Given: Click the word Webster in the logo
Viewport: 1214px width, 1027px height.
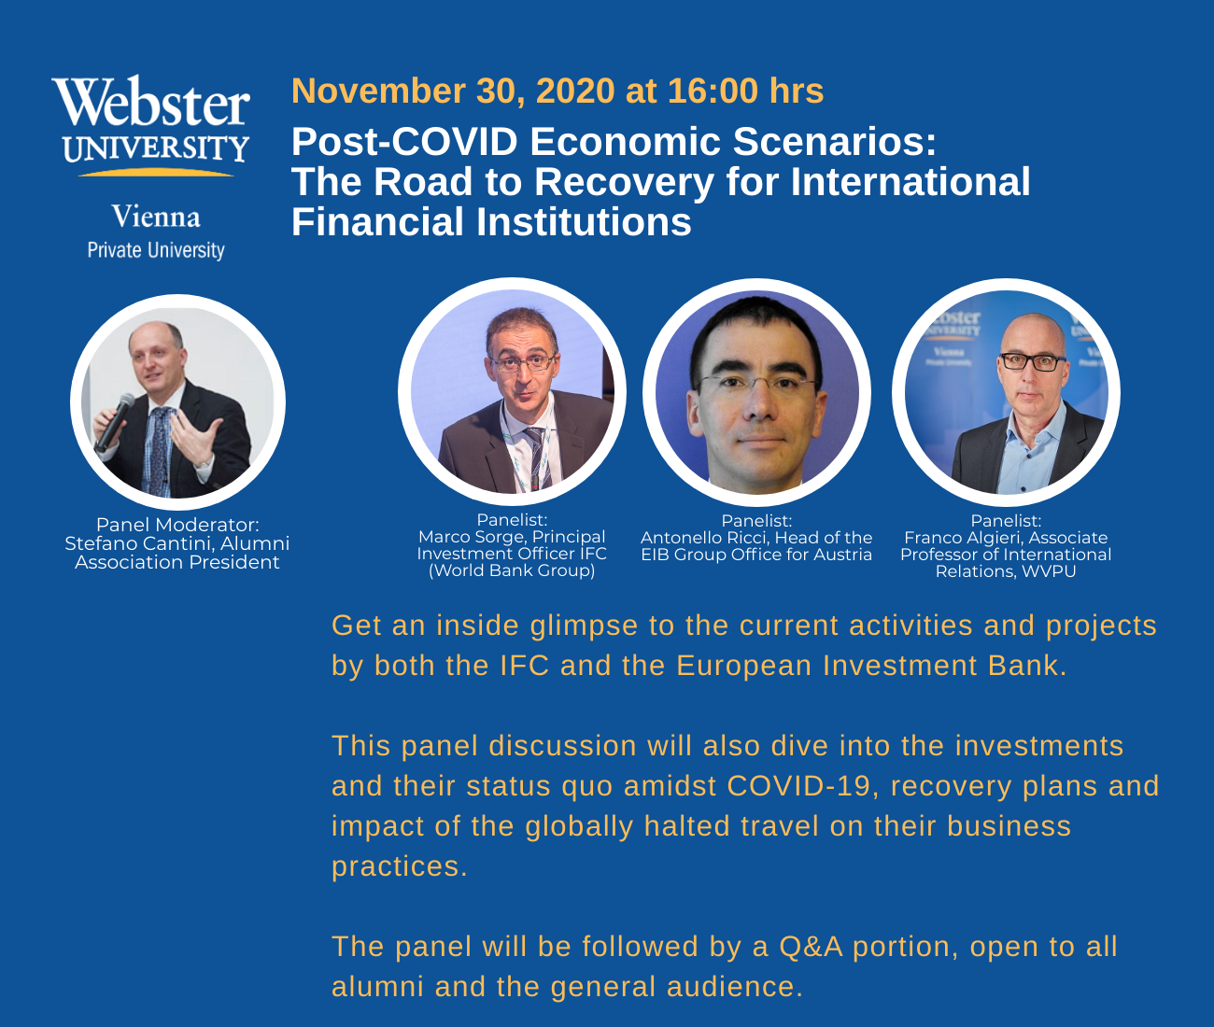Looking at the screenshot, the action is click(151, 101).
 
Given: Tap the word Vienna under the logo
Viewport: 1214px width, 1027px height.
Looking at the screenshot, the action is click(156, 217).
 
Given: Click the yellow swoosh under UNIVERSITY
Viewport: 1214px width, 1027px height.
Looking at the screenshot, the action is click(156, 173).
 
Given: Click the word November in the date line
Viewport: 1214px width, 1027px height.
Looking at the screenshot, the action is click(378, 91).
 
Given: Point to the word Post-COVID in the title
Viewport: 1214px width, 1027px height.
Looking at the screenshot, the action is click(404, 142).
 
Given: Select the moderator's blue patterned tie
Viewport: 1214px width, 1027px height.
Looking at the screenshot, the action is click(159, 452).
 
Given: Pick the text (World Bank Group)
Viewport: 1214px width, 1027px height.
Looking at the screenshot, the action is click(512, 570).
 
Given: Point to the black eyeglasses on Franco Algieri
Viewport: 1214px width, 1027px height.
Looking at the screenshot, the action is click(1033, 361).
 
